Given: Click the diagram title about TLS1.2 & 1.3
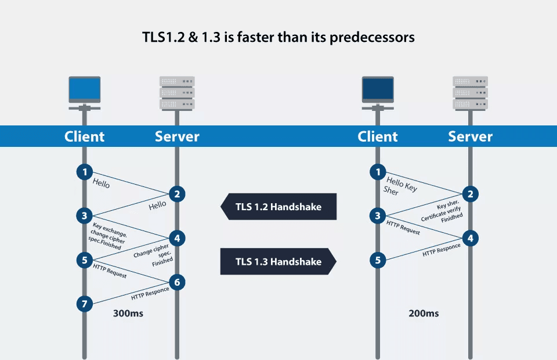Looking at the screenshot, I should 278,37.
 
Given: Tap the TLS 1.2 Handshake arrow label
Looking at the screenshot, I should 278,207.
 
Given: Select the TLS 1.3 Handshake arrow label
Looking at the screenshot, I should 278,261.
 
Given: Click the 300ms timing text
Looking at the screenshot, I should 128,314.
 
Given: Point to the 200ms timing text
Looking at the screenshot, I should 424,314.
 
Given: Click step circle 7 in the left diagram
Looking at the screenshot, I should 85,303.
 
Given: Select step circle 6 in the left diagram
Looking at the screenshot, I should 178,282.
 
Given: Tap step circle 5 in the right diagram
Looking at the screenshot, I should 378,260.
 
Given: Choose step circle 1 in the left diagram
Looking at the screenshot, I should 85,172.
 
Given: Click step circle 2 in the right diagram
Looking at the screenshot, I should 471,194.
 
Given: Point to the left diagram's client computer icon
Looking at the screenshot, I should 85,93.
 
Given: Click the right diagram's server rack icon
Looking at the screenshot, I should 471,93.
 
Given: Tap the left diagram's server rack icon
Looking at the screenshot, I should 177,93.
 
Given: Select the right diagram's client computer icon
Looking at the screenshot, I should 378,93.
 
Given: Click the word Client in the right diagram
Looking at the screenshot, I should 378,136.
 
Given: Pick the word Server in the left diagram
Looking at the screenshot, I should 177,136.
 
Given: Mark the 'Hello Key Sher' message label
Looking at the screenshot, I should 400,186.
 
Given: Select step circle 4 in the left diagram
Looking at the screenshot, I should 178,238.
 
